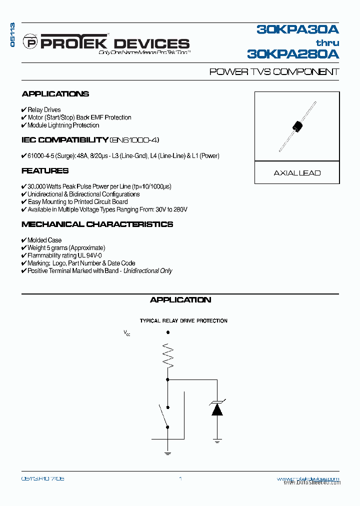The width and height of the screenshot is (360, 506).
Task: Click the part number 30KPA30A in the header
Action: click(298, 30)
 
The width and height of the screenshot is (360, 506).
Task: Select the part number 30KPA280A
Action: click(293, 53)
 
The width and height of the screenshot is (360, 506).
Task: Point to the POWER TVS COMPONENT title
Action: click(274, 72)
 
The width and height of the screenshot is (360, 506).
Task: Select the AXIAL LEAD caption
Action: click(297, 173)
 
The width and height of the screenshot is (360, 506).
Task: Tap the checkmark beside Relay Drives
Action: click(24, 109)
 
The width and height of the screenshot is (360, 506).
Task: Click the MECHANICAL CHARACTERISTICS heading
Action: click(97, 224)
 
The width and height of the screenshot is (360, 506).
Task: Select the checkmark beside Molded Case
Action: click(24, 240)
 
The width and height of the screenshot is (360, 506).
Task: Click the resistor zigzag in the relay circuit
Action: click(167, 355)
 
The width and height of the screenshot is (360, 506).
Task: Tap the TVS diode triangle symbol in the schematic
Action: click(217, 409)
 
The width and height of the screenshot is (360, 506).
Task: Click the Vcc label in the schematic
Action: click(127, 332)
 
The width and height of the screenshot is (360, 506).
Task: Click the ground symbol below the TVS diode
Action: click(217, 440)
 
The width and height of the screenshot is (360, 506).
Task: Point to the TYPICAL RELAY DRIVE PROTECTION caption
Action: click(183, 321)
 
